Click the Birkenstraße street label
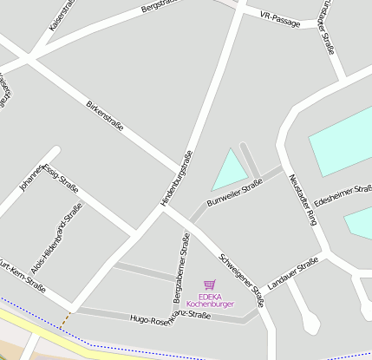[105, 116]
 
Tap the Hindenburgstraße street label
[175, 178]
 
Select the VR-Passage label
[280, 18]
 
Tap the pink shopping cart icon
[209, 284]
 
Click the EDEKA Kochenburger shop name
[211, 300]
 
